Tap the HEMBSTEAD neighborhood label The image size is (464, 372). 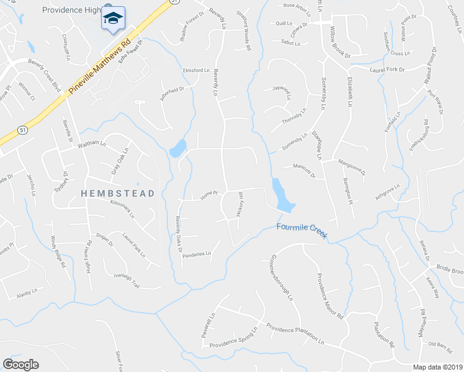pos(117,193)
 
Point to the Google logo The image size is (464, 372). pos(20,365)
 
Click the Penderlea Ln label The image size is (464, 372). pos(197,254)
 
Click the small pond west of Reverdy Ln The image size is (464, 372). pos(177,148)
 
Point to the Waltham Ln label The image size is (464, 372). pos(76,143)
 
